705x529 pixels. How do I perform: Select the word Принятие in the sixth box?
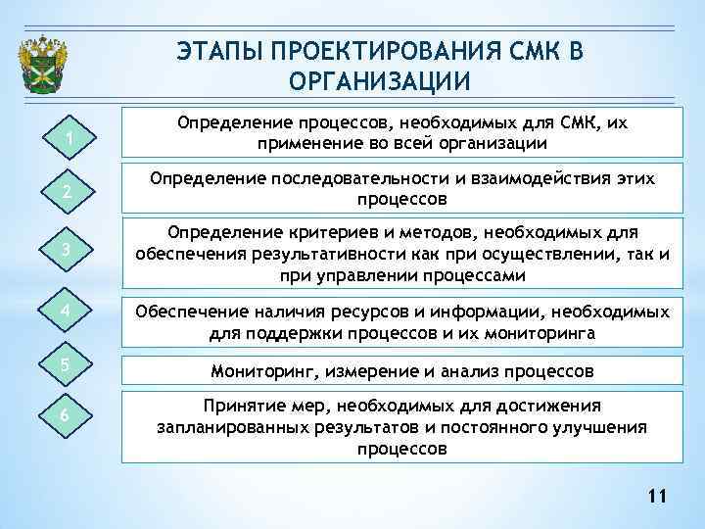click(236, 406)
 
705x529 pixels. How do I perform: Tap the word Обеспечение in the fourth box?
click(183, 313)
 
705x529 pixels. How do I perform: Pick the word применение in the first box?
click(299, 143)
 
